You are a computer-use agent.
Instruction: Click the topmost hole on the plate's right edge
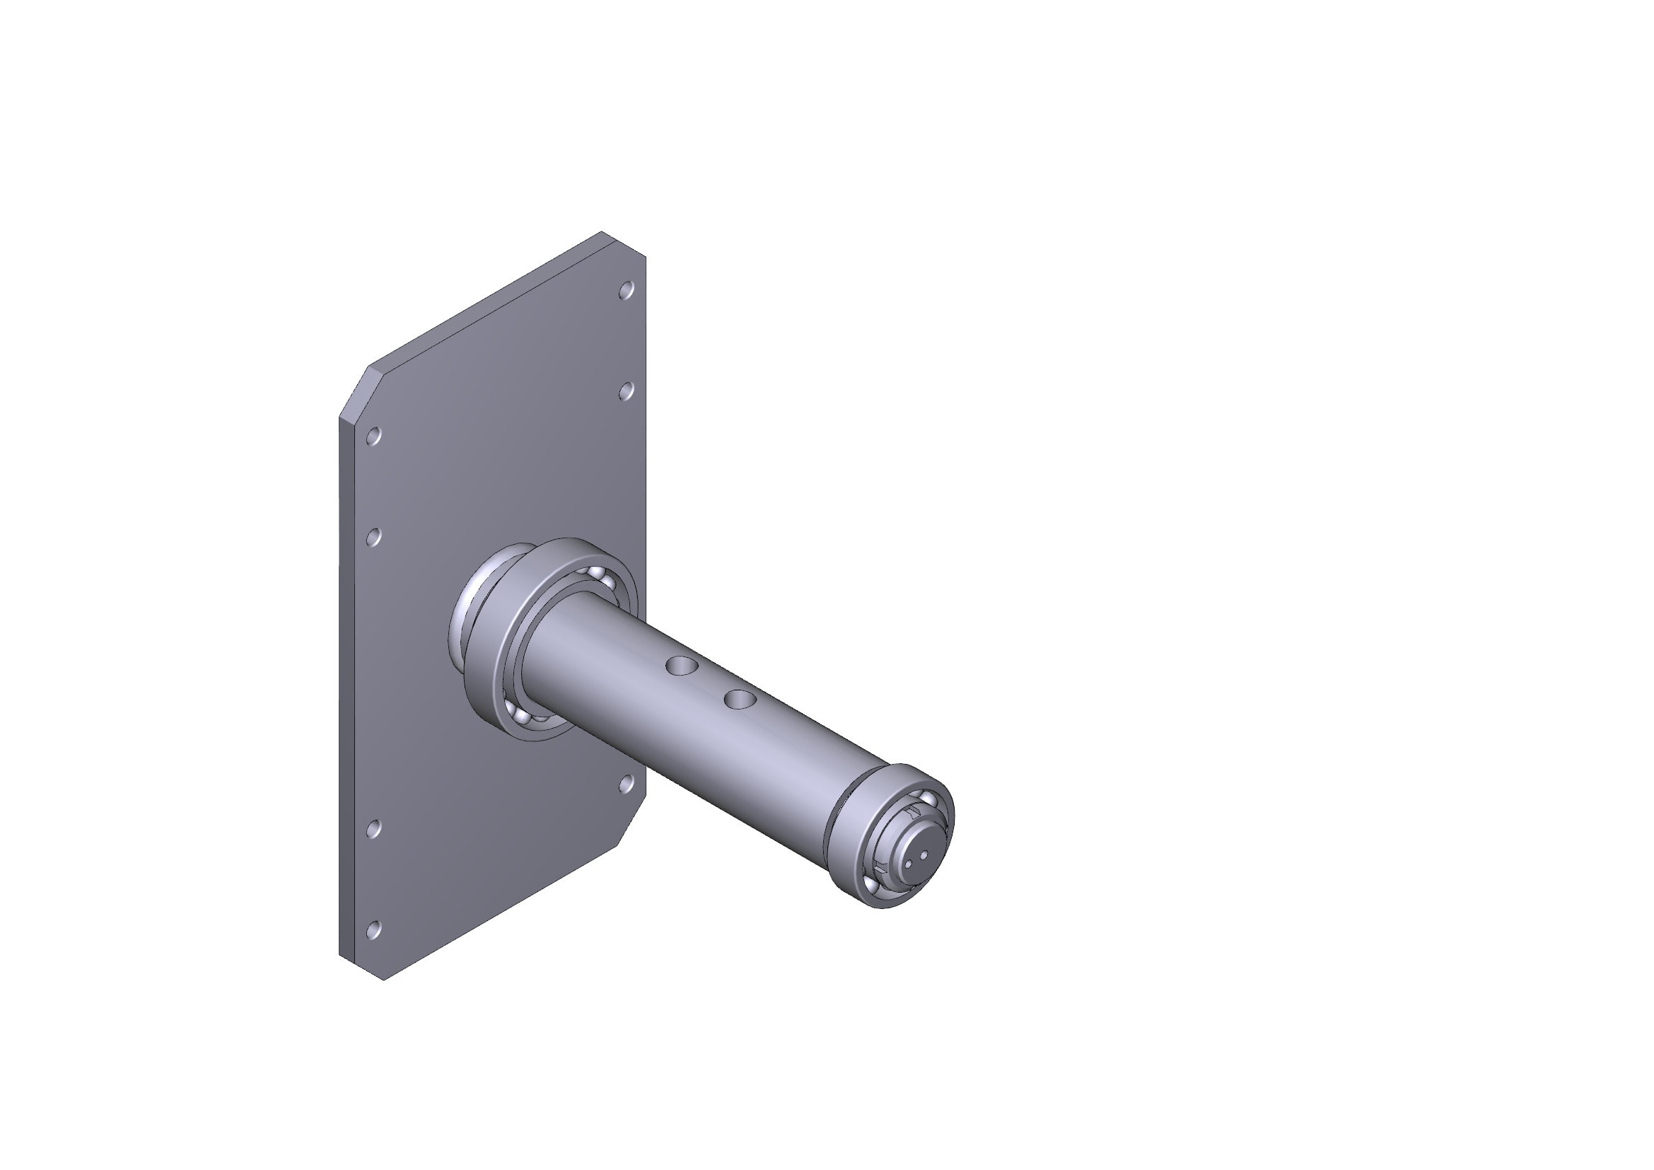coord(626,290)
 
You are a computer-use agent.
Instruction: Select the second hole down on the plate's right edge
coord(626,391)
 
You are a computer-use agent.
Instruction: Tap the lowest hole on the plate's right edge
coord(626,784)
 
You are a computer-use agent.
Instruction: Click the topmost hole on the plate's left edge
coord(373,436)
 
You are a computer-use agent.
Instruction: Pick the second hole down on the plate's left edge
coord(373,537)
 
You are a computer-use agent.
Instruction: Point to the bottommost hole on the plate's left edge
coord(373,930)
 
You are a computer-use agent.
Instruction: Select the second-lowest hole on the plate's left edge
coord(373,828)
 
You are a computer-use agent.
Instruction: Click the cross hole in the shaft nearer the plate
coord(681,665)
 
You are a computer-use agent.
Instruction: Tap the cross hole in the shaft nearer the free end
coord(740,699)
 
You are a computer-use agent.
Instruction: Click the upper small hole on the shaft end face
coord(924,855)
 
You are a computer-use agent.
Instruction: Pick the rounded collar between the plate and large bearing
coord(459,620)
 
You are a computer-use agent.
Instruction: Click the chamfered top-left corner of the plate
coord(354,392)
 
